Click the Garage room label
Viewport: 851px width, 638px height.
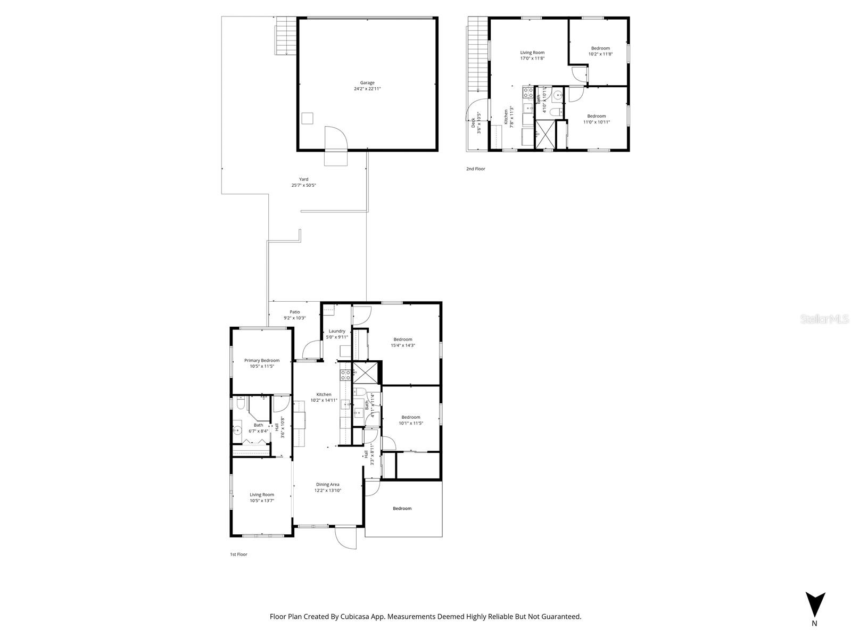(367, 82)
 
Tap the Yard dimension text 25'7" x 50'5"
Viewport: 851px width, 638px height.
(303, 186)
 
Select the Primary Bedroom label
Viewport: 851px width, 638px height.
(262, 360)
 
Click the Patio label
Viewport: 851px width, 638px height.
(294, 312)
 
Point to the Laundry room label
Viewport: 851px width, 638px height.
(336, 331)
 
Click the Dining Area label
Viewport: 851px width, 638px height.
(327, 484)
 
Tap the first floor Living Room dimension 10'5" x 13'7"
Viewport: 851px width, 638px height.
(262, 501)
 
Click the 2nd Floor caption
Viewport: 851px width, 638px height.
(475, 169)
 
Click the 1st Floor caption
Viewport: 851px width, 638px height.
(238, 554)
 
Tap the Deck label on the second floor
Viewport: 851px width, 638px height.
(473, 123)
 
